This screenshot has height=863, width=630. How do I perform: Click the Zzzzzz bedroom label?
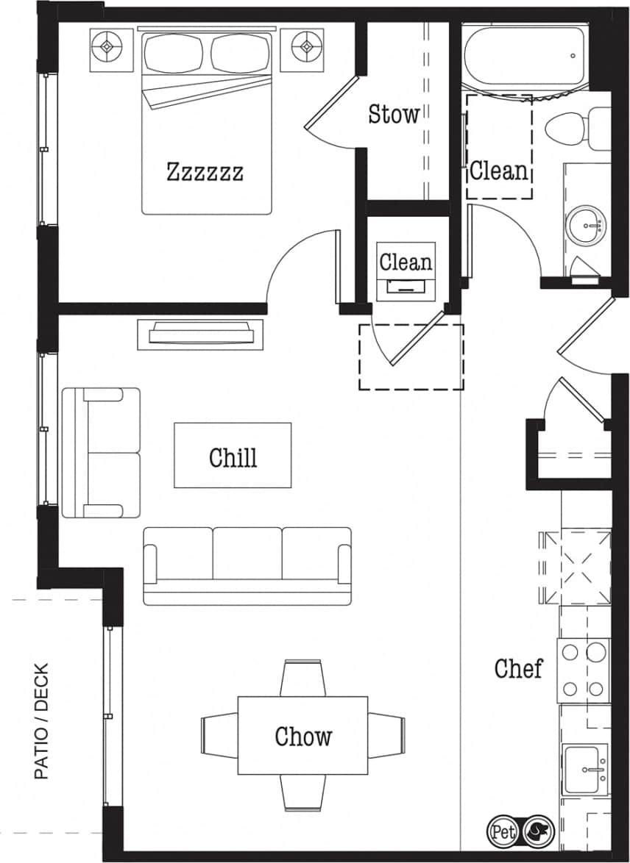(205, 173)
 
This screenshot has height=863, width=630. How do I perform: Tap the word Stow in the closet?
(394, 114)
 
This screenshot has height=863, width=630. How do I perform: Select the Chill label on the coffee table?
(233, 456)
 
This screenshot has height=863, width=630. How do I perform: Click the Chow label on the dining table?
(303, 736)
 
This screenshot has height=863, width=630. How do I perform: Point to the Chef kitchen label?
(518, 668)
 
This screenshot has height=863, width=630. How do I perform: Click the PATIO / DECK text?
(41, 721)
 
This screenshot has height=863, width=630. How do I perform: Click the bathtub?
(524, 56)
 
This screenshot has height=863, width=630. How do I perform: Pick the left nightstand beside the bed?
(112, 49)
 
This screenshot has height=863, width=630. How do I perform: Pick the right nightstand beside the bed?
(302, 49)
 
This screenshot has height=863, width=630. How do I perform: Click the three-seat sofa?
(247, 565)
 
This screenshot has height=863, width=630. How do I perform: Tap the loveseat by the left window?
(101, 452)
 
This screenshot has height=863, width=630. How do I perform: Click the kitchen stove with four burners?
(583, 670)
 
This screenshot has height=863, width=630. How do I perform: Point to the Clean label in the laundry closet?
(406, 262)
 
